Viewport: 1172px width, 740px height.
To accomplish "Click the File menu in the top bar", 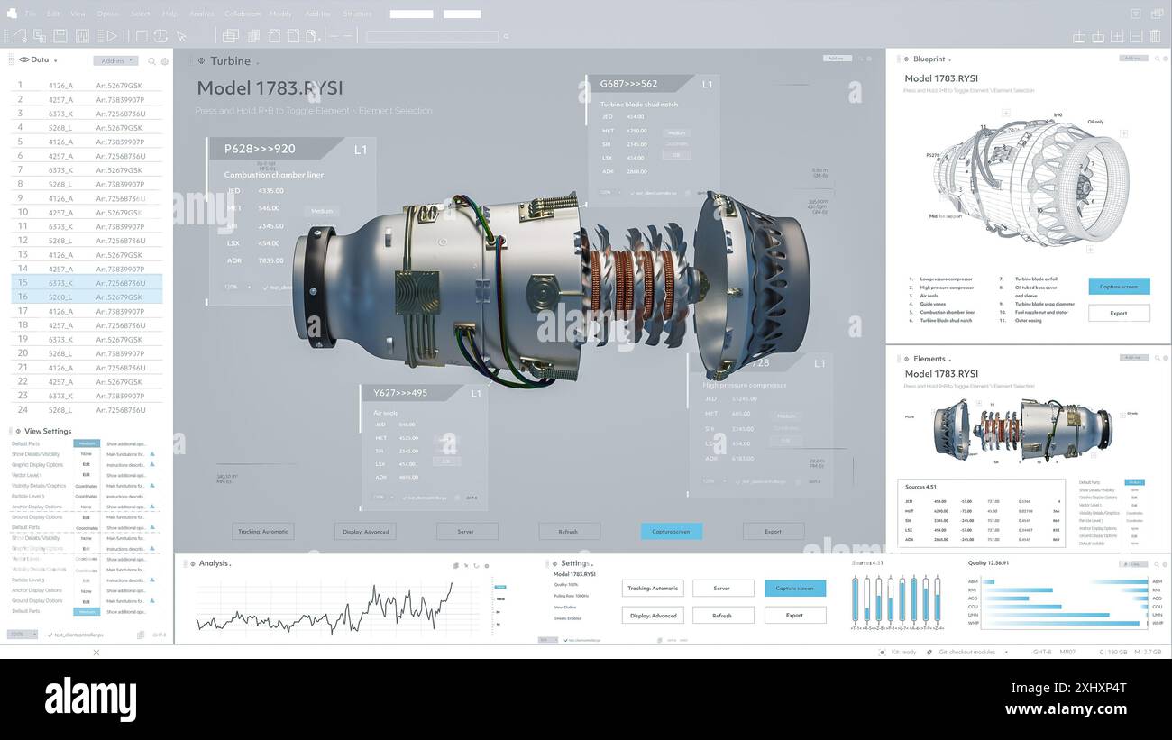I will (x=31, y=14).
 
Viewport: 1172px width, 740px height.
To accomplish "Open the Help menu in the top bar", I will (x=169, y=14).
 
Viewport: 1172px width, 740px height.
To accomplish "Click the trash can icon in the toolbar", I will (x=1155, y=36).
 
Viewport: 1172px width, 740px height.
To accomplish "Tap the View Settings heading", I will (x=48, y=431).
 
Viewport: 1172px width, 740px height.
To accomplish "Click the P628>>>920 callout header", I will (x=260, y=149).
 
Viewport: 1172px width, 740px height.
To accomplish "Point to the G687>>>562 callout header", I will (x=629, y=84).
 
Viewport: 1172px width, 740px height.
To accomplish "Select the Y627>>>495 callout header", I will (x=401, y=393).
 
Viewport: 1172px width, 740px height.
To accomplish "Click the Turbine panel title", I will (x=230, y=61).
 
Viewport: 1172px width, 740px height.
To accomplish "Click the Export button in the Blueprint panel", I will (x=1119, y=313).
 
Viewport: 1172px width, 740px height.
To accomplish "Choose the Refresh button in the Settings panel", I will (x=722, y=616).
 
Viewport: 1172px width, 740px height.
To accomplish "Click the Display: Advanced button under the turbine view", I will (x=364, y=532).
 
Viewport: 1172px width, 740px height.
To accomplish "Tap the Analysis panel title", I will (x=214, y=563).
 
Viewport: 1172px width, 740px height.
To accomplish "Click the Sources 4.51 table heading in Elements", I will (x=920, y=487).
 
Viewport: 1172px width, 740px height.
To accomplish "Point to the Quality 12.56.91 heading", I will (x=988, y=563).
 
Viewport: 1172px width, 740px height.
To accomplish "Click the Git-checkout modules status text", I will (x=966, y=652).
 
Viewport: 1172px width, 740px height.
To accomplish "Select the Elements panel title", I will (x=929, y=359).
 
